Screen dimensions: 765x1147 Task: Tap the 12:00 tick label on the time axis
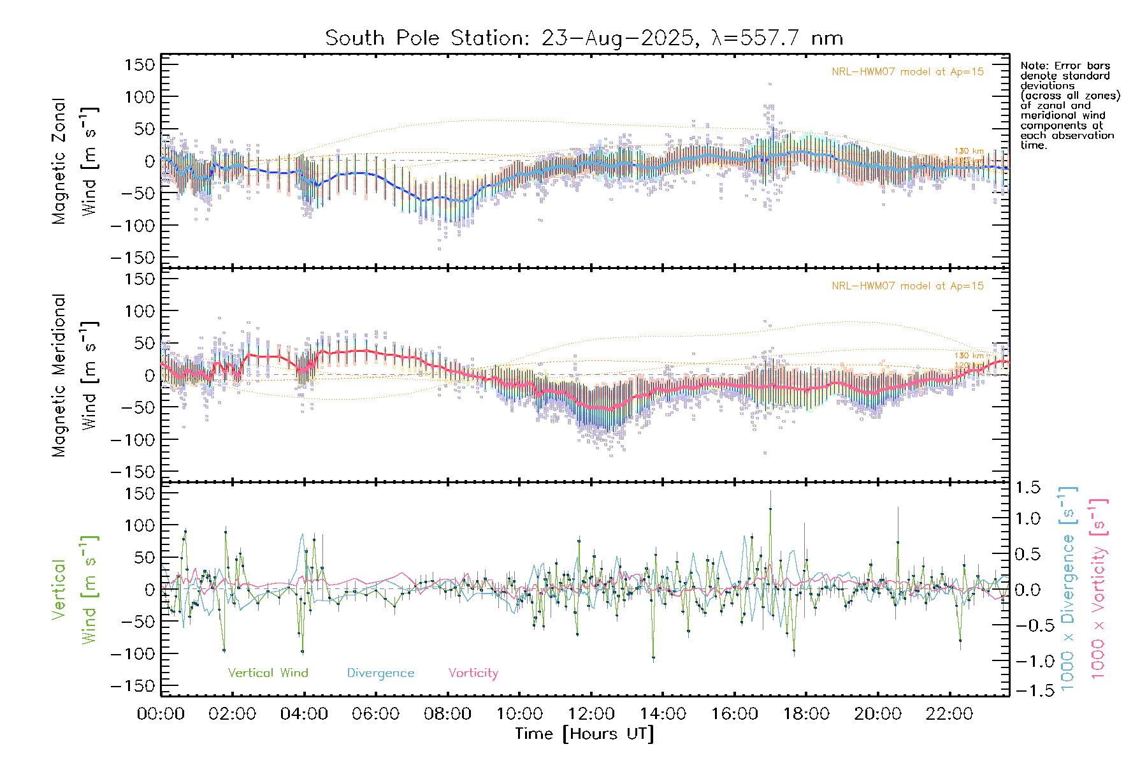pos(591,714)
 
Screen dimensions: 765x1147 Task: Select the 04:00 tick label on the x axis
pos(304,714)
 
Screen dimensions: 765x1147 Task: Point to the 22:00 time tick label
pos(949,714)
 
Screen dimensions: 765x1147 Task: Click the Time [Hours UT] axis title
pos(584,734)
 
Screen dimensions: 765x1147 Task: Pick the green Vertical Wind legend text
pos(268,673)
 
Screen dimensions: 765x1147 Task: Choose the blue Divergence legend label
pos(380,673)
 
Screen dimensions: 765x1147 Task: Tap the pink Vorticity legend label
pos(473,673)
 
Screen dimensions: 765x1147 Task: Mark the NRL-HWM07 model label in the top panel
pos(907,72)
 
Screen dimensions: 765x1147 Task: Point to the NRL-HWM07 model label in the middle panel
pos(907,286)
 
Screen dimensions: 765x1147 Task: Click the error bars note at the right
pos(1069,105)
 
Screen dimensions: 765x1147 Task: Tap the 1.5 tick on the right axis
pos(1027,488)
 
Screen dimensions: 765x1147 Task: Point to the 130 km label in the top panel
pos(969,151)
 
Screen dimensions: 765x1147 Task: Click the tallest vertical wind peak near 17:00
pos(770,509)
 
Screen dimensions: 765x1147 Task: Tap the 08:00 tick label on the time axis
pos(447,714)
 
